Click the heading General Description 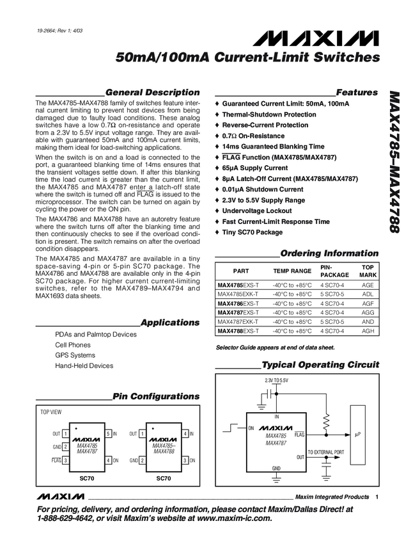(152, 92)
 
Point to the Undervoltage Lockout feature (261, 211)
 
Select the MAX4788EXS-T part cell (238, 331)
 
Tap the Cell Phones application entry (73, 344)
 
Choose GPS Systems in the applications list (75, 355)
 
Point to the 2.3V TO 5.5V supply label (276, 381)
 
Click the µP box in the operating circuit (357, 434)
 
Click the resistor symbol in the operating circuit (326, 422)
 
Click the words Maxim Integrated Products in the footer (332, 497)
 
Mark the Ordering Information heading (329, 253)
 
